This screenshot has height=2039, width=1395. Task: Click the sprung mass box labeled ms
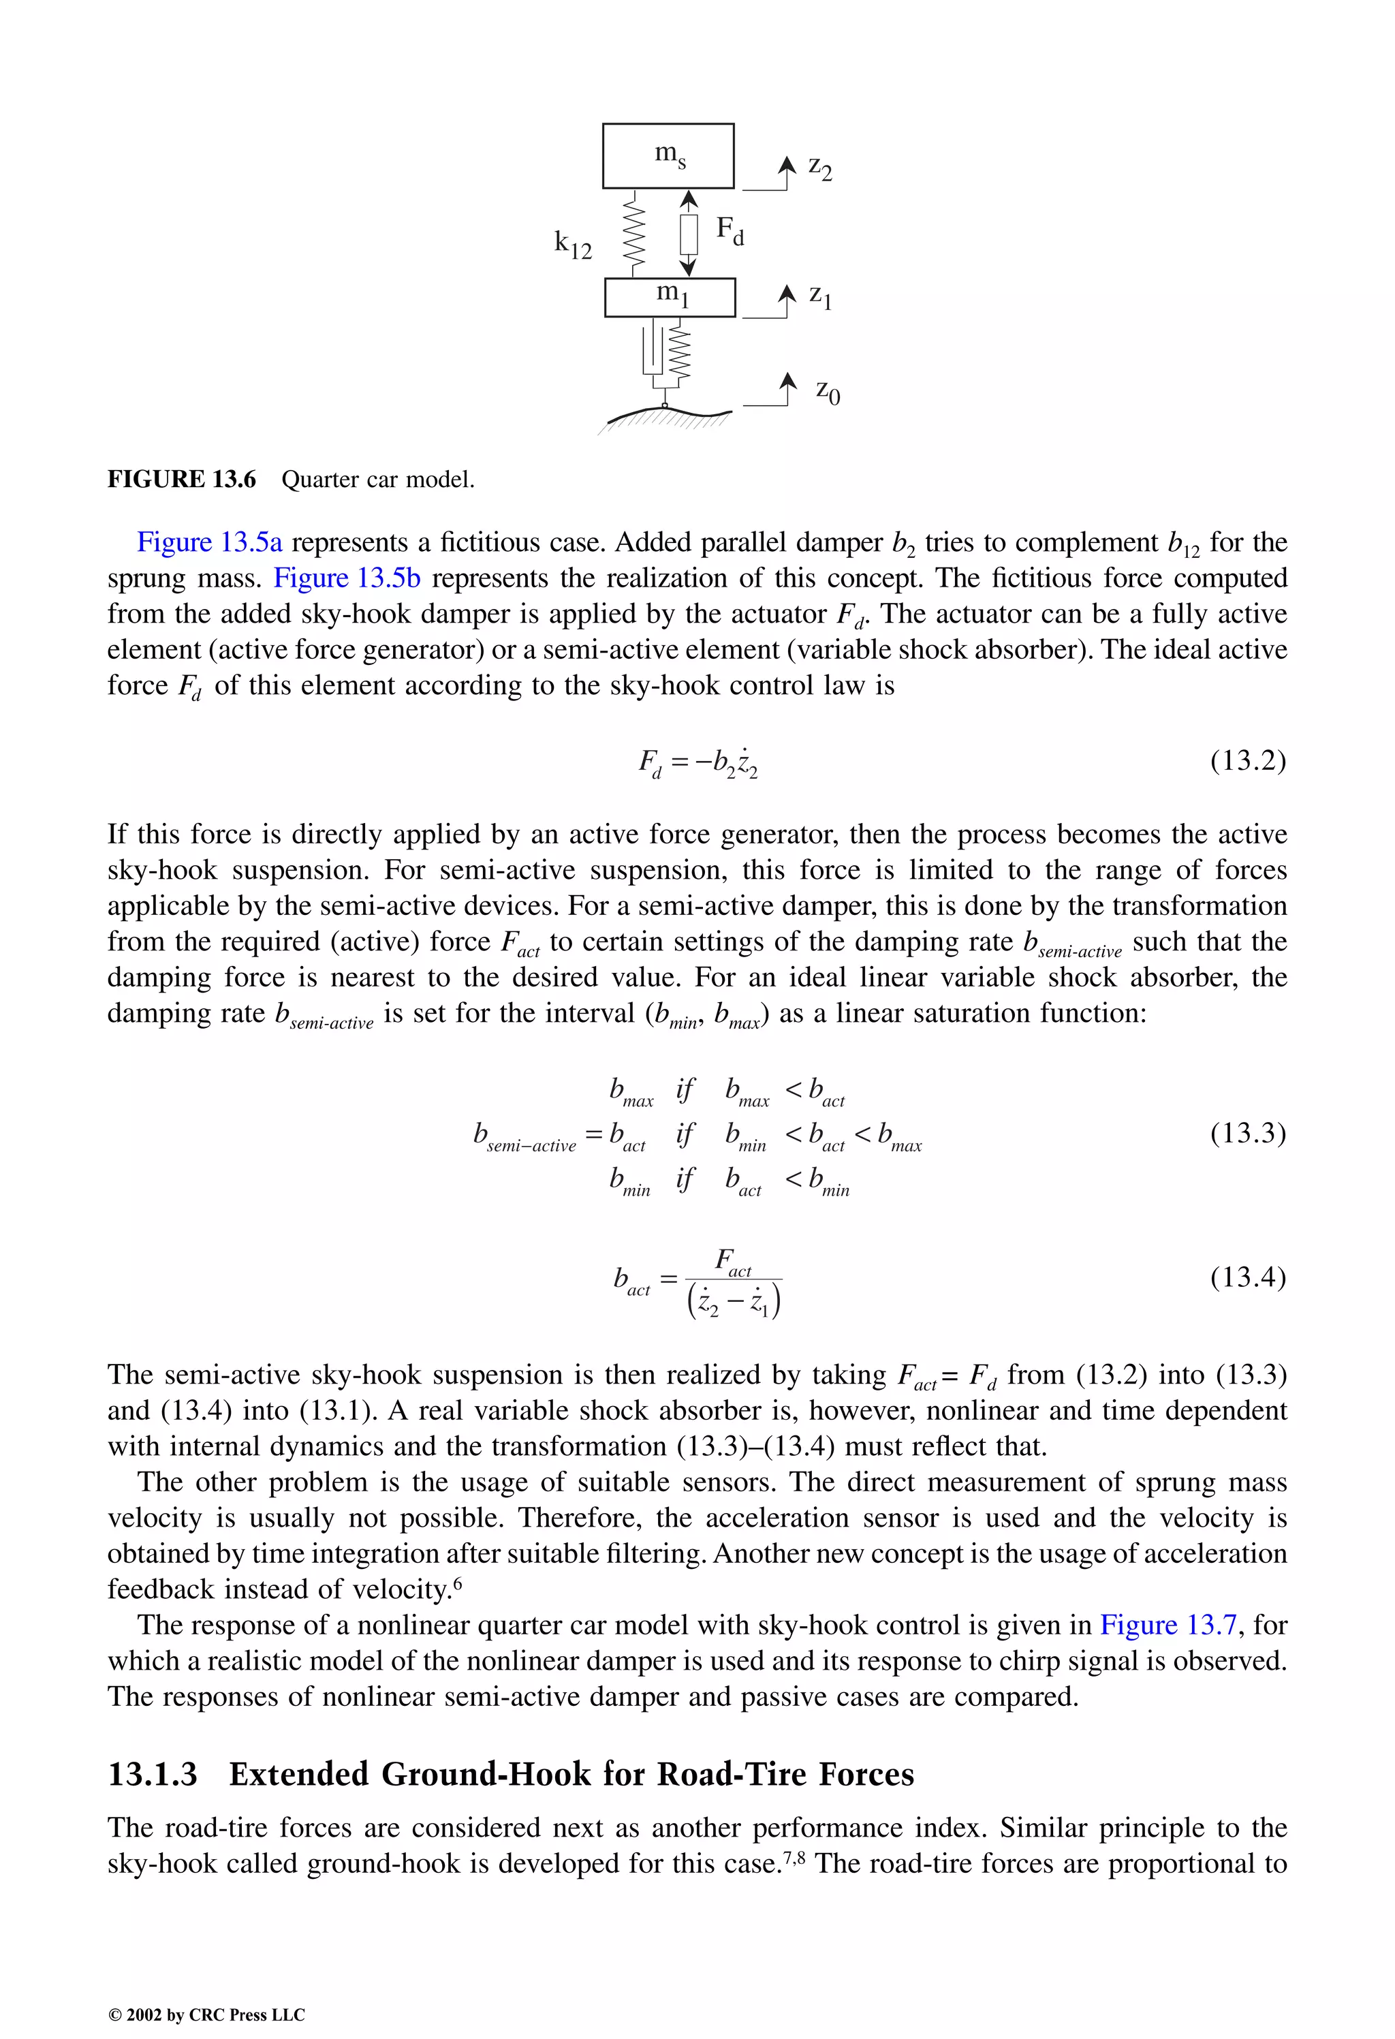coord(668,155)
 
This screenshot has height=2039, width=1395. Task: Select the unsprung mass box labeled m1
coord(670,296)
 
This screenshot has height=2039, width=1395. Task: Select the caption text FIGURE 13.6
coord(182,479)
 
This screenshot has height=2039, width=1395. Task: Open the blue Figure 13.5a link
coord(210,542)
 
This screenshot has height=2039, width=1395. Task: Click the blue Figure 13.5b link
coord(347,578)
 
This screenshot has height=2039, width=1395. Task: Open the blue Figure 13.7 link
coord(1167,1625)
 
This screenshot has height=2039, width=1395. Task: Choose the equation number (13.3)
coord(1248,1133)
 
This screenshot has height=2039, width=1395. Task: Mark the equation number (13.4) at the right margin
coord(1248,1277)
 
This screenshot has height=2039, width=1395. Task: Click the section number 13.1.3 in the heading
coord(153,1774)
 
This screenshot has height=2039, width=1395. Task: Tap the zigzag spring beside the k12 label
coord(633,234)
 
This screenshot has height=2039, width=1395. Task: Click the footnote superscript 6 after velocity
coord(457,1582)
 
